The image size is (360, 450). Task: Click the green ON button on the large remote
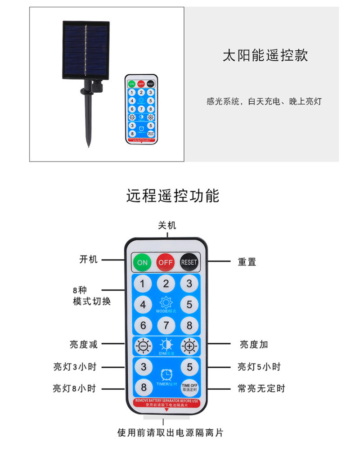point(142,262)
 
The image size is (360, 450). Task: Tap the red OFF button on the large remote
point(166,262)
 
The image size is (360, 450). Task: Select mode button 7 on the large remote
point(166,325)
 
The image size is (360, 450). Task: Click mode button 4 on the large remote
point(143,305)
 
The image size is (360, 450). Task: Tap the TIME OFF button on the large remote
point(189,387)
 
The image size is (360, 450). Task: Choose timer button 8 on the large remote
point(143,387)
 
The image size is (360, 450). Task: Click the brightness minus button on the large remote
point(143,346)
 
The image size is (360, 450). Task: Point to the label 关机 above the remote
point(167,225)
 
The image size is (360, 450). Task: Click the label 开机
point(88,260)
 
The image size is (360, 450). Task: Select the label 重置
point(247,261)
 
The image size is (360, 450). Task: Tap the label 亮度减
point(83,344)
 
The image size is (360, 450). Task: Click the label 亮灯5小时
point(259,367)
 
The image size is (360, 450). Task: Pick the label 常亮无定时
point(261,388)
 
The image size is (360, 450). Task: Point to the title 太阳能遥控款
point(265,55)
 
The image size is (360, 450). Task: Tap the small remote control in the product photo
point(141,109)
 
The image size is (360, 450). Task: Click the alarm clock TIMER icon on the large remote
point(166,374)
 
